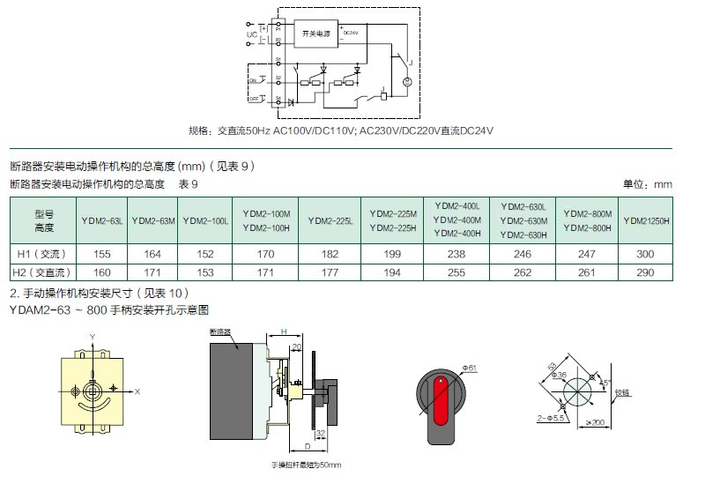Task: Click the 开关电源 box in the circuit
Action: tap(316, 34)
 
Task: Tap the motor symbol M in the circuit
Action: tap(407, 82)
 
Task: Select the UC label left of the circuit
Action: tap(251, 35)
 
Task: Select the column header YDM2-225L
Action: tap(332, 221)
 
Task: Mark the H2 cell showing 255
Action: tap(456, 272)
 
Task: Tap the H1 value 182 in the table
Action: tap(332, 253)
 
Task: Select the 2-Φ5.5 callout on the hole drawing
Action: tap(549, 415)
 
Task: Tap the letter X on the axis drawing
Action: tap(138, 390)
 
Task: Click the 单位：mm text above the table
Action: tap(648, 184)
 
